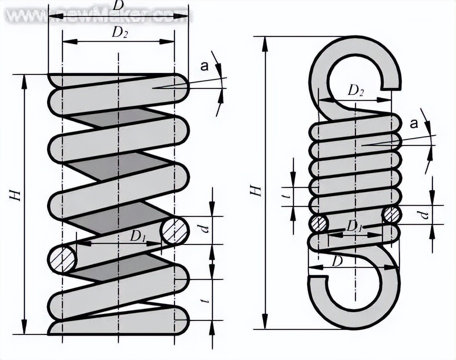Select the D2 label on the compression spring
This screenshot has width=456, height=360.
(118, 33)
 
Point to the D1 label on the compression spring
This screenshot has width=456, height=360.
(137, 237)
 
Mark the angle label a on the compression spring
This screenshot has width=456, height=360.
(203, 65)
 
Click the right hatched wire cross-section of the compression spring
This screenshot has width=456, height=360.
(175, 230)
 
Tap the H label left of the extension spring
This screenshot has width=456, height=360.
(256, 190)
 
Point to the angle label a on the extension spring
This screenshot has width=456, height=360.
(413, 124)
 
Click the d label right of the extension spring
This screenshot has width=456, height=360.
(424, 215)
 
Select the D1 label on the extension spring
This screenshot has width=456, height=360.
(354, 226)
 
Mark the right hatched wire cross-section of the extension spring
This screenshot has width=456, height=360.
(391, 215)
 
